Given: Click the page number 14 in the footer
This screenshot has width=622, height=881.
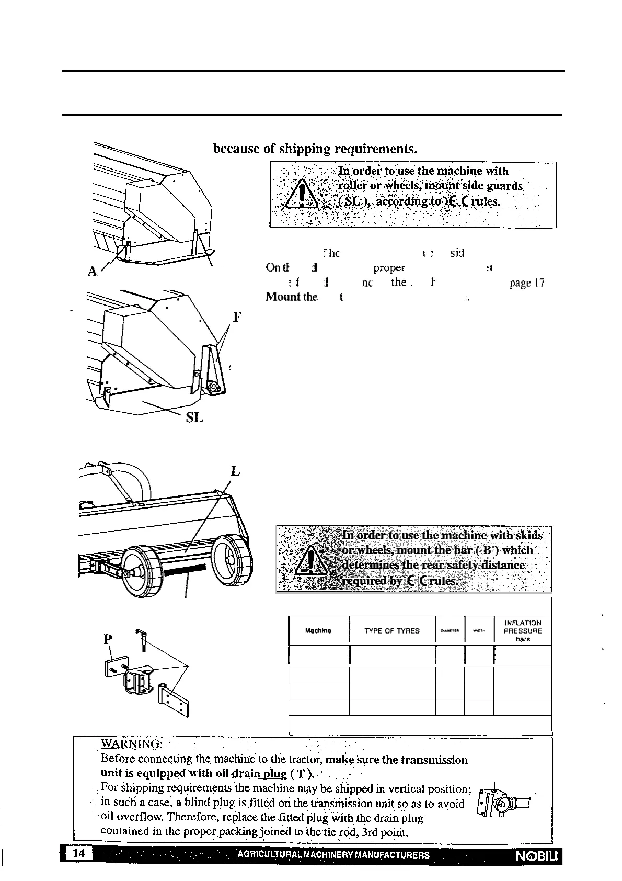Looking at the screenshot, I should point(78,853).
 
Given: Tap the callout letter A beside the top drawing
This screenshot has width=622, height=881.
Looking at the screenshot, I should point(93,271).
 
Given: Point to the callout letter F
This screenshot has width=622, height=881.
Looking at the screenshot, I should point(236,317).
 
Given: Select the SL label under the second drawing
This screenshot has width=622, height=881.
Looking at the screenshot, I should point(194,418).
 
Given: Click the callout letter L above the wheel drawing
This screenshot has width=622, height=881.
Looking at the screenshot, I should point(235,471).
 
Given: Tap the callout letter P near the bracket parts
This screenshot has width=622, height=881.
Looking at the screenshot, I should point(108,639).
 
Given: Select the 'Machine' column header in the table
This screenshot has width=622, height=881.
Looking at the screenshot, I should point(318,631).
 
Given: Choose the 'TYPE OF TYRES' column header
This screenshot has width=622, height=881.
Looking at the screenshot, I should point(392,631).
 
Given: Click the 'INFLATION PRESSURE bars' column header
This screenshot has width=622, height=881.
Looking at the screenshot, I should point(522,631).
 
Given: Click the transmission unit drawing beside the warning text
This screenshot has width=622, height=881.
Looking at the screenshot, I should point(503,804).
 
